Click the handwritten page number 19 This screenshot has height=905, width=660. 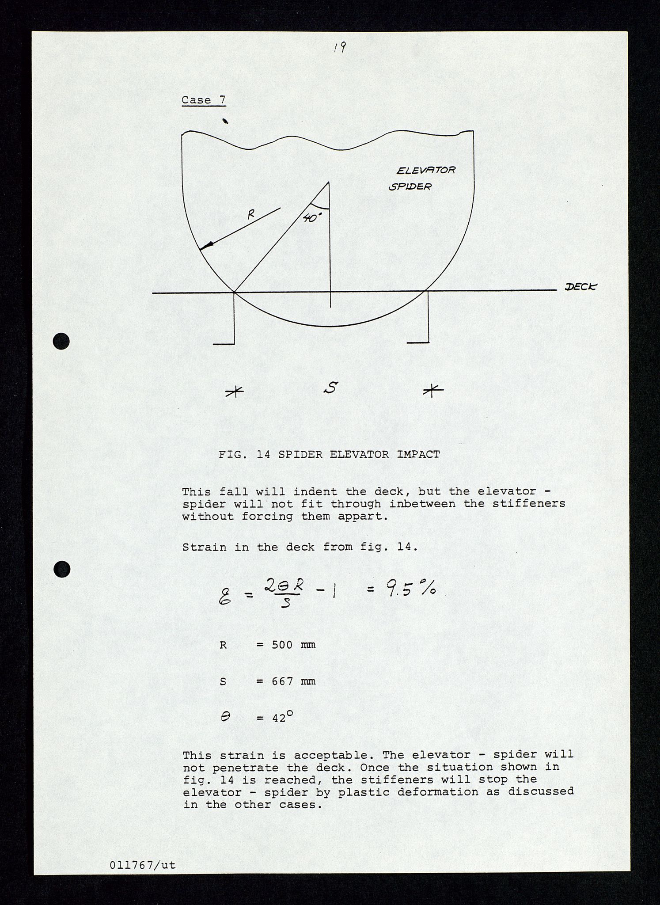pyautogui.click(x=339, y=47)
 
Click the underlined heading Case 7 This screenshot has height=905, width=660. pyautogui.click(x=203, y=100)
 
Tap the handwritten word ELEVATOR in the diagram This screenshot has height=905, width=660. pyautogui.click(x=426, y=170)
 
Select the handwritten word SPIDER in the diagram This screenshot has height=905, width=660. pyautogui.click(x=410, y=186)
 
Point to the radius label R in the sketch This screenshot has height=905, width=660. pyautogui.click(x=251, y=215)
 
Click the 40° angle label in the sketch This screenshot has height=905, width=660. pyautogui.click(x=312, y=217)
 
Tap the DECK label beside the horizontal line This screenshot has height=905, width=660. pyautogui.click(x=580, y=287)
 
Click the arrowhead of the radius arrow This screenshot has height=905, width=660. pyautogui.click(x=207, y=246)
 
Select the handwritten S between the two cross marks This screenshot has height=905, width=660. pyautogui.click(x=330, y=388)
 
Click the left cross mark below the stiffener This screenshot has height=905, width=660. pyautogui.click(x=234, y=391)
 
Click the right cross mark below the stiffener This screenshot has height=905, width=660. pyautogui.click(x=432, y=390)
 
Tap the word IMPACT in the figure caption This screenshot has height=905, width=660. pyautogui.click(x=418, y=454)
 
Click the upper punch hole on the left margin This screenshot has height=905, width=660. pyautogui.click(x=61, y=341)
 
